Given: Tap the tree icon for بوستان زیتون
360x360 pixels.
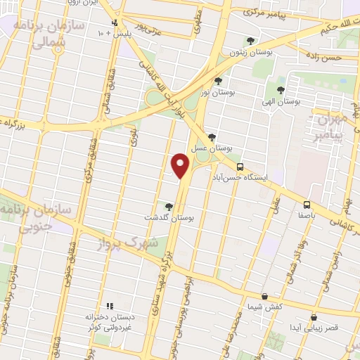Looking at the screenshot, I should click(x=251, y=41).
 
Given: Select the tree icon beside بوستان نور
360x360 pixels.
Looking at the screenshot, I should click(x=218, y=80).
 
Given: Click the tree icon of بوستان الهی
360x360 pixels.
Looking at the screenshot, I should click(x=281, y=90).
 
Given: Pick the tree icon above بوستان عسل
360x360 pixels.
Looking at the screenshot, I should click(x=212, y=137).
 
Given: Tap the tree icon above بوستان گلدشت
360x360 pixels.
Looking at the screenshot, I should click(x=168, y=206).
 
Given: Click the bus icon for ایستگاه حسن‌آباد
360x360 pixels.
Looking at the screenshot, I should click(x=240, y=167).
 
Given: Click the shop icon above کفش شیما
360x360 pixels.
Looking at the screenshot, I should click(x=264, y=297).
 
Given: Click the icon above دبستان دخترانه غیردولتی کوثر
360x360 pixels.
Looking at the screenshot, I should click(x=109, y=306).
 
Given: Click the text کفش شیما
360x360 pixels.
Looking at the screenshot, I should click(x=264, y=308).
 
